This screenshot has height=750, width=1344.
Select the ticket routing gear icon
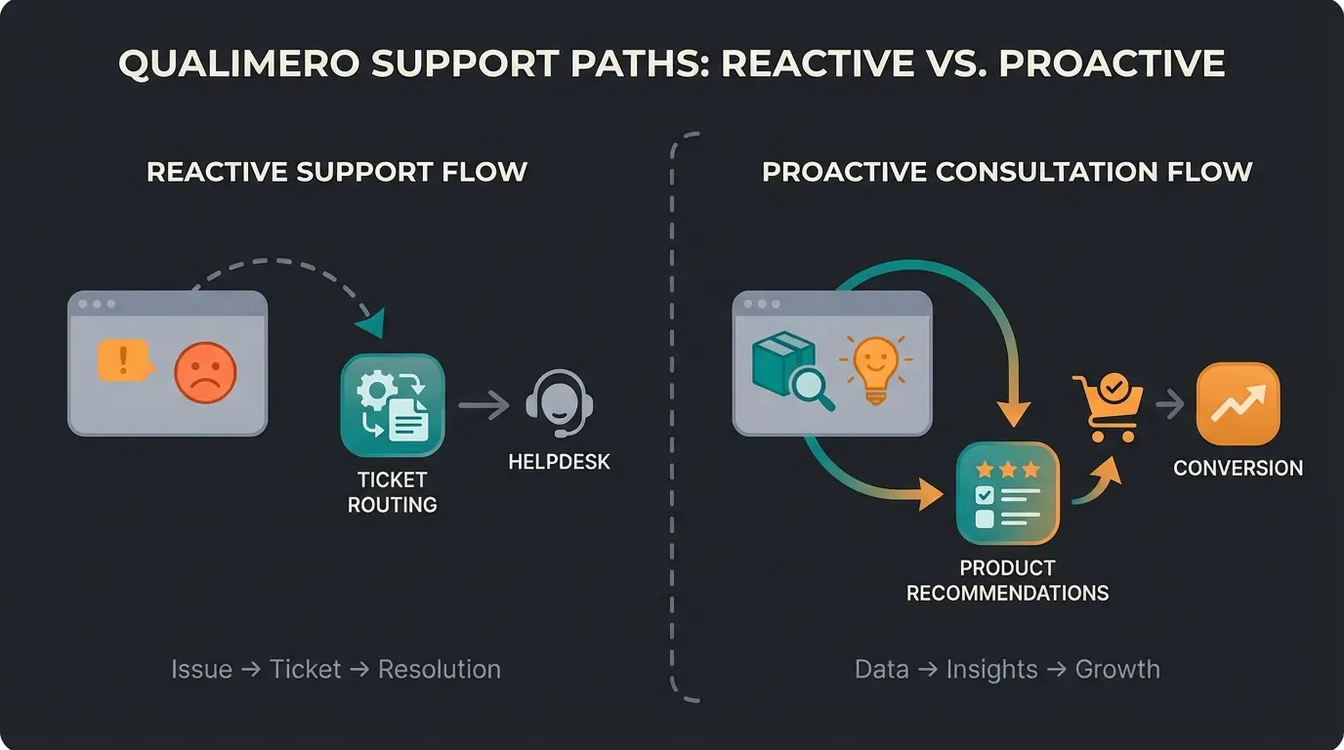[392, 405]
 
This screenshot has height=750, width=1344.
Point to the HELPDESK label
[559, 462]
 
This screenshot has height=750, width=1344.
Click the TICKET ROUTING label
[392, 492]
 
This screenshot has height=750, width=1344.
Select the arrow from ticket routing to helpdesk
[483, 404]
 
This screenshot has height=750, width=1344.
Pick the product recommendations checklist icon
[1008, 492]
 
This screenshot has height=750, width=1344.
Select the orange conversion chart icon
[1238, 403]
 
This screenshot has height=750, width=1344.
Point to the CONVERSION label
[1238, 468]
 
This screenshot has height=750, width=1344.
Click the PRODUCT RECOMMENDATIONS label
[1007, 580]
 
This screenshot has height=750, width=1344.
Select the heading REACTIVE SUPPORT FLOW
[337, 172]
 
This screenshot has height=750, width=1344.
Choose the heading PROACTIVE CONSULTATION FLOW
[1007, 172]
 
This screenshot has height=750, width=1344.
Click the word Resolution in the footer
[439, 669]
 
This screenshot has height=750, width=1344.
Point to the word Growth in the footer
[1117, 669]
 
